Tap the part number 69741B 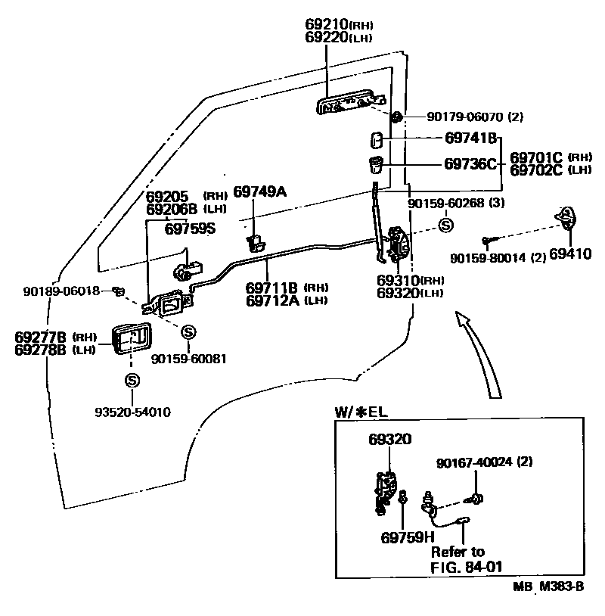(x=470, y=138)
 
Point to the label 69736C (x=470, y=163)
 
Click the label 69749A (x=259, y=191)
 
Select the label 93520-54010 (x=132, y=412)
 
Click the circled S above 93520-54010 (x=132, y=381)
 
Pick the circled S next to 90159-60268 (x=445, y=225)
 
